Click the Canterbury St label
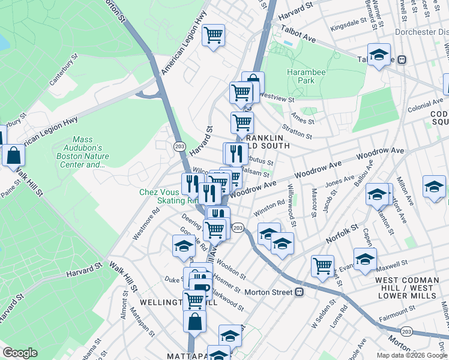point(64,71)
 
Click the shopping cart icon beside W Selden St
point(323,265)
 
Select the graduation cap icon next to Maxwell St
point(364,259)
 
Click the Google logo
point(20,353)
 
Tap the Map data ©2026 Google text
point(412,355)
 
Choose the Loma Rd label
point(339,317)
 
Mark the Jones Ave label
point(340,182)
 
